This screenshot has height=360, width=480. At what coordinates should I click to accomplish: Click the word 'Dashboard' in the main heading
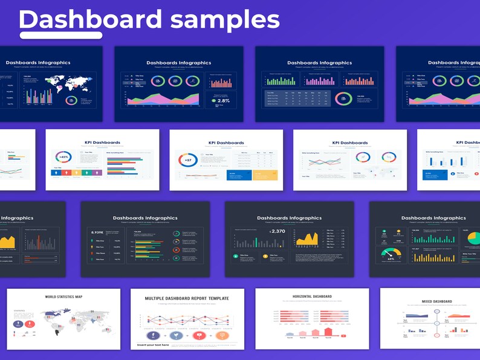pos(91,19)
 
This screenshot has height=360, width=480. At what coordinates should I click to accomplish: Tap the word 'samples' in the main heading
pos(225,19)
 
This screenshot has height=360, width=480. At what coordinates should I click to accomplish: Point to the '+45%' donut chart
pos(63,157)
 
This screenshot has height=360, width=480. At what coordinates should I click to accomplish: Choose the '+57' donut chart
pos(187,159)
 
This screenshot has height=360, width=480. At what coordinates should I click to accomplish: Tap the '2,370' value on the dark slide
pos(278,231)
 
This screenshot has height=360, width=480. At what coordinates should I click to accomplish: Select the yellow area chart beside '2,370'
pos(308,239)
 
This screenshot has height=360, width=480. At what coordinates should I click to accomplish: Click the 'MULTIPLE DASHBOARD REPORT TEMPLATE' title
pos(187,298)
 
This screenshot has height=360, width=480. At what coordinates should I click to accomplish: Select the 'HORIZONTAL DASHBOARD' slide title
pos(312,297)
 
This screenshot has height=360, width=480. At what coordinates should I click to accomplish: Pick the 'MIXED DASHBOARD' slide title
pos(436,301)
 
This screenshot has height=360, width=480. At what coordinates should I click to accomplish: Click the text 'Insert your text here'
pos(154,344)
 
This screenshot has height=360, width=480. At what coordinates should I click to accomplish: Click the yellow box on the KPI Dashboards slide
pos(265,175)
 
